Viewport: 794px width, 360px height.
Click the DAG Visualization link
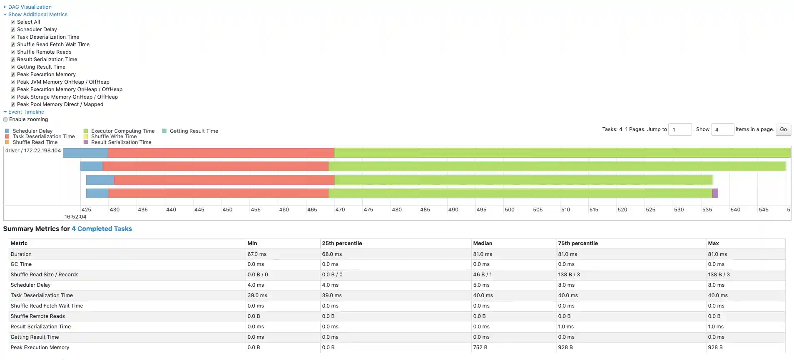(30, 7)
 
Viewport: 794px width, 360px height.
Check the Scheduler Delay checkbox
(13, 30)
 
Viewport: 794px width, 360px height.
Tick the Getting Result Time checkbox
(13, 67)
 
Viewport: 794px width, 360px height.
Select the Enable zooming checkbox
(6, 119)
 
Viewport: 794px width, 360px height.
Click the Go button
(783, 129)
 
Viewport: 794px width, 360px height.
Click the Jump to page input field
(680, 129)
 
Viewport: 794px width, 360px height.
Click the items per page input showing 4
(722, 129)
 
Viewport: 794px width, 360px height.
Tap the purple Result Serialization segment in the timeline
(715, 193)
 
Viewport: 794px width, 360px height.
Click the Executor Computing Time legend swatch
(86, 131)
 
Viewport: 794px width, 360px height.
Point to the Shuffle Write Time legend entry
(114, 137)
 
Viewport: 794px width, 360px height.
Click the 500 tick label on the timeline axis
(509, 210)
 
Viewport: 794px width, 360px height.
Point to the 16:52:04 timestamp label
(75, 217)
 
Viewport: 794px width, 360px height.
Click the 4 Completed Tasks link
(102, 229)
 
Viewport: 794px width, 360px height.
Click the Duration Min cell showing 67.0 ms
(257, 254)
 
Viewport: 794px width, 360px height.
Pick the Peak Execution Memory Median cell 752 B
(480, 348)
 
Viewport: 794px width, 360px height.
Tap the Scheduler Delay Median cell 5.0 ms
(481, 285)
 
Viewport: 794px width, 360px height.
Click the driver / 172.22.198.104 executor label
(33, 151)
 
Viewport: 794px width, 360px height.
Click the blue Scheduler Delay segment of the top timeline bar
(86, 153)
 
